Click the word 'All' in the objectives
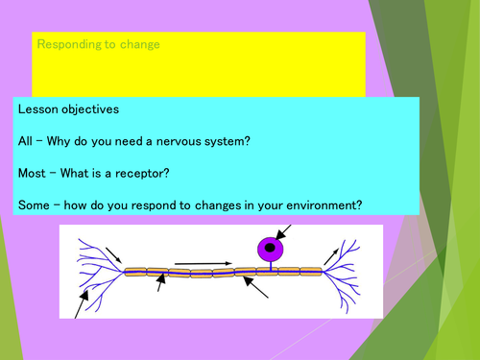tap(26, 140)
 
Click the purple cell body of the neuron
tap(271, 248)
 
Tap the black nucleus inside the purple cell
tap(271, 248)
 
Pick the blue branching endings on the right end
tap(348, 273)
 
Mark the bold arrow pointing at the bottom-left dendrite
tap(82, 300)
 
